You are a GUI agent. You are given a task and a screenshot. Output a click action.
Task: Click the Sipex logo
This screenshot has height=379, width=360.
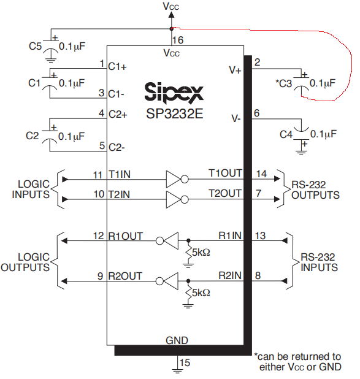[174, 92]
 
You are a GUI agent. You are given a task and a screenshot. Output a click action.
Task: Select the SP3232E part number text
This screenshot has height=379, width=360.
[175, 113]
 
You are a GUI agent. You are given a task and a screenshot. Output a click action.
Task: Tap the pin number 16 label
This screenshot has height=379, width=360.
[178, 40]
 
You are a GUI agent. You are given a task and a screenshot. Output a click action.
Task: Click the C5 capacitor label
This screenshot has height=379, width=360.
[35, 46]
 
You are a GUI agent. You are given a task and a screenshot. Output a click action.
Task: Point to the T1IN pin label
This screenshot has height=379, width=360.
[120, 174]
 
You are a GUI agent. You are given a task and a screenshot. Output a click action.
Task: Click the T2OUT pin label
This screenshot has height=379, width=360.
[225, 193]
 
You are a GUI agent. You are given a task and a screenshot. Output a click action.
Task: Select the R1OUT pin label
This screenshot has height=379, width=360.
[126, 236]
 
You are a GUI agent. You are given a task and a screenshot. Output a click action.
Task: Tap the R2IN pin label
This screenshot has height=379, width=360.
[230, 275]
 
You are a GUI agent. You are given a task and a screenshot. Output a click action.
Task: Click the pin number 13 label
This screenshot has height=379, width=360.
[261, 235]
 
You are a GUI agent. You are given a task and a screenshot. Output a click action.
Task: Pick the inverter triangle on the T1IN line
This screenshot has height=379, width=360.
[173, 179]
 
